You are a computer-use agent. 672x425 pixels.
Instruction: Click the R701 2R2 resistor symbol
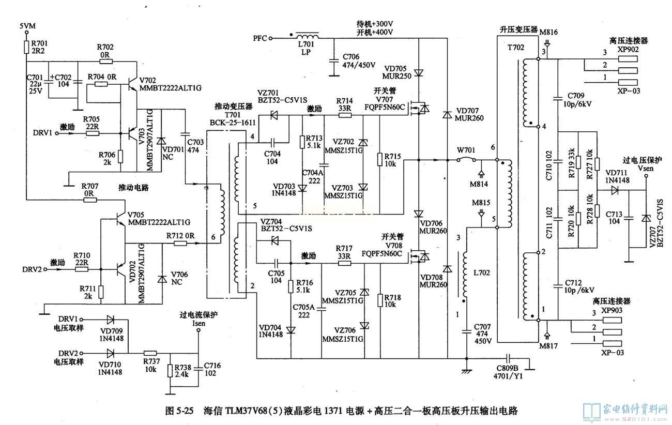(26, 48)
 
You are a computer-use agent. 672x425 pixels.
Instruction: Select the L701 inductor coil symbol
(307, 37)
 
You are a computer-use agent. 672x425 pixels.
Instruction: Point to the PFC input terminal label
(259, 38)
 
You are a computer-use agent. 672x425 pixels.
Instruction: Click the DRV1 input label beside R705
(43, 133)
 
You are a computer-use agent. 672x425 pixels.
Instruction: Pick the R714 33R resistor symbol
(344, 116)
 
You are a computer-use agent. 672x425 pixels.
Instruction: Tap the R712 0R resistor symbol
(180, 244)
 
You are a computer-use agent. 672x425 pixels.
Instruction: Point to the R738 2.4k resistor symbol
(170, 371)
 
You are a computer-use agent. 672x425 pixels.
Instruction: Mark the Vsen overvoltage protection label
(645, 168)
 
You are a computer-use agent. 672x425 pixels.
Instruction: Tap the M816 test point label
(548, 32)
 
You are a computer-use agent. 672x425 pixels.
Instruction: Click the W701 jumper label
(466, 150)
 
